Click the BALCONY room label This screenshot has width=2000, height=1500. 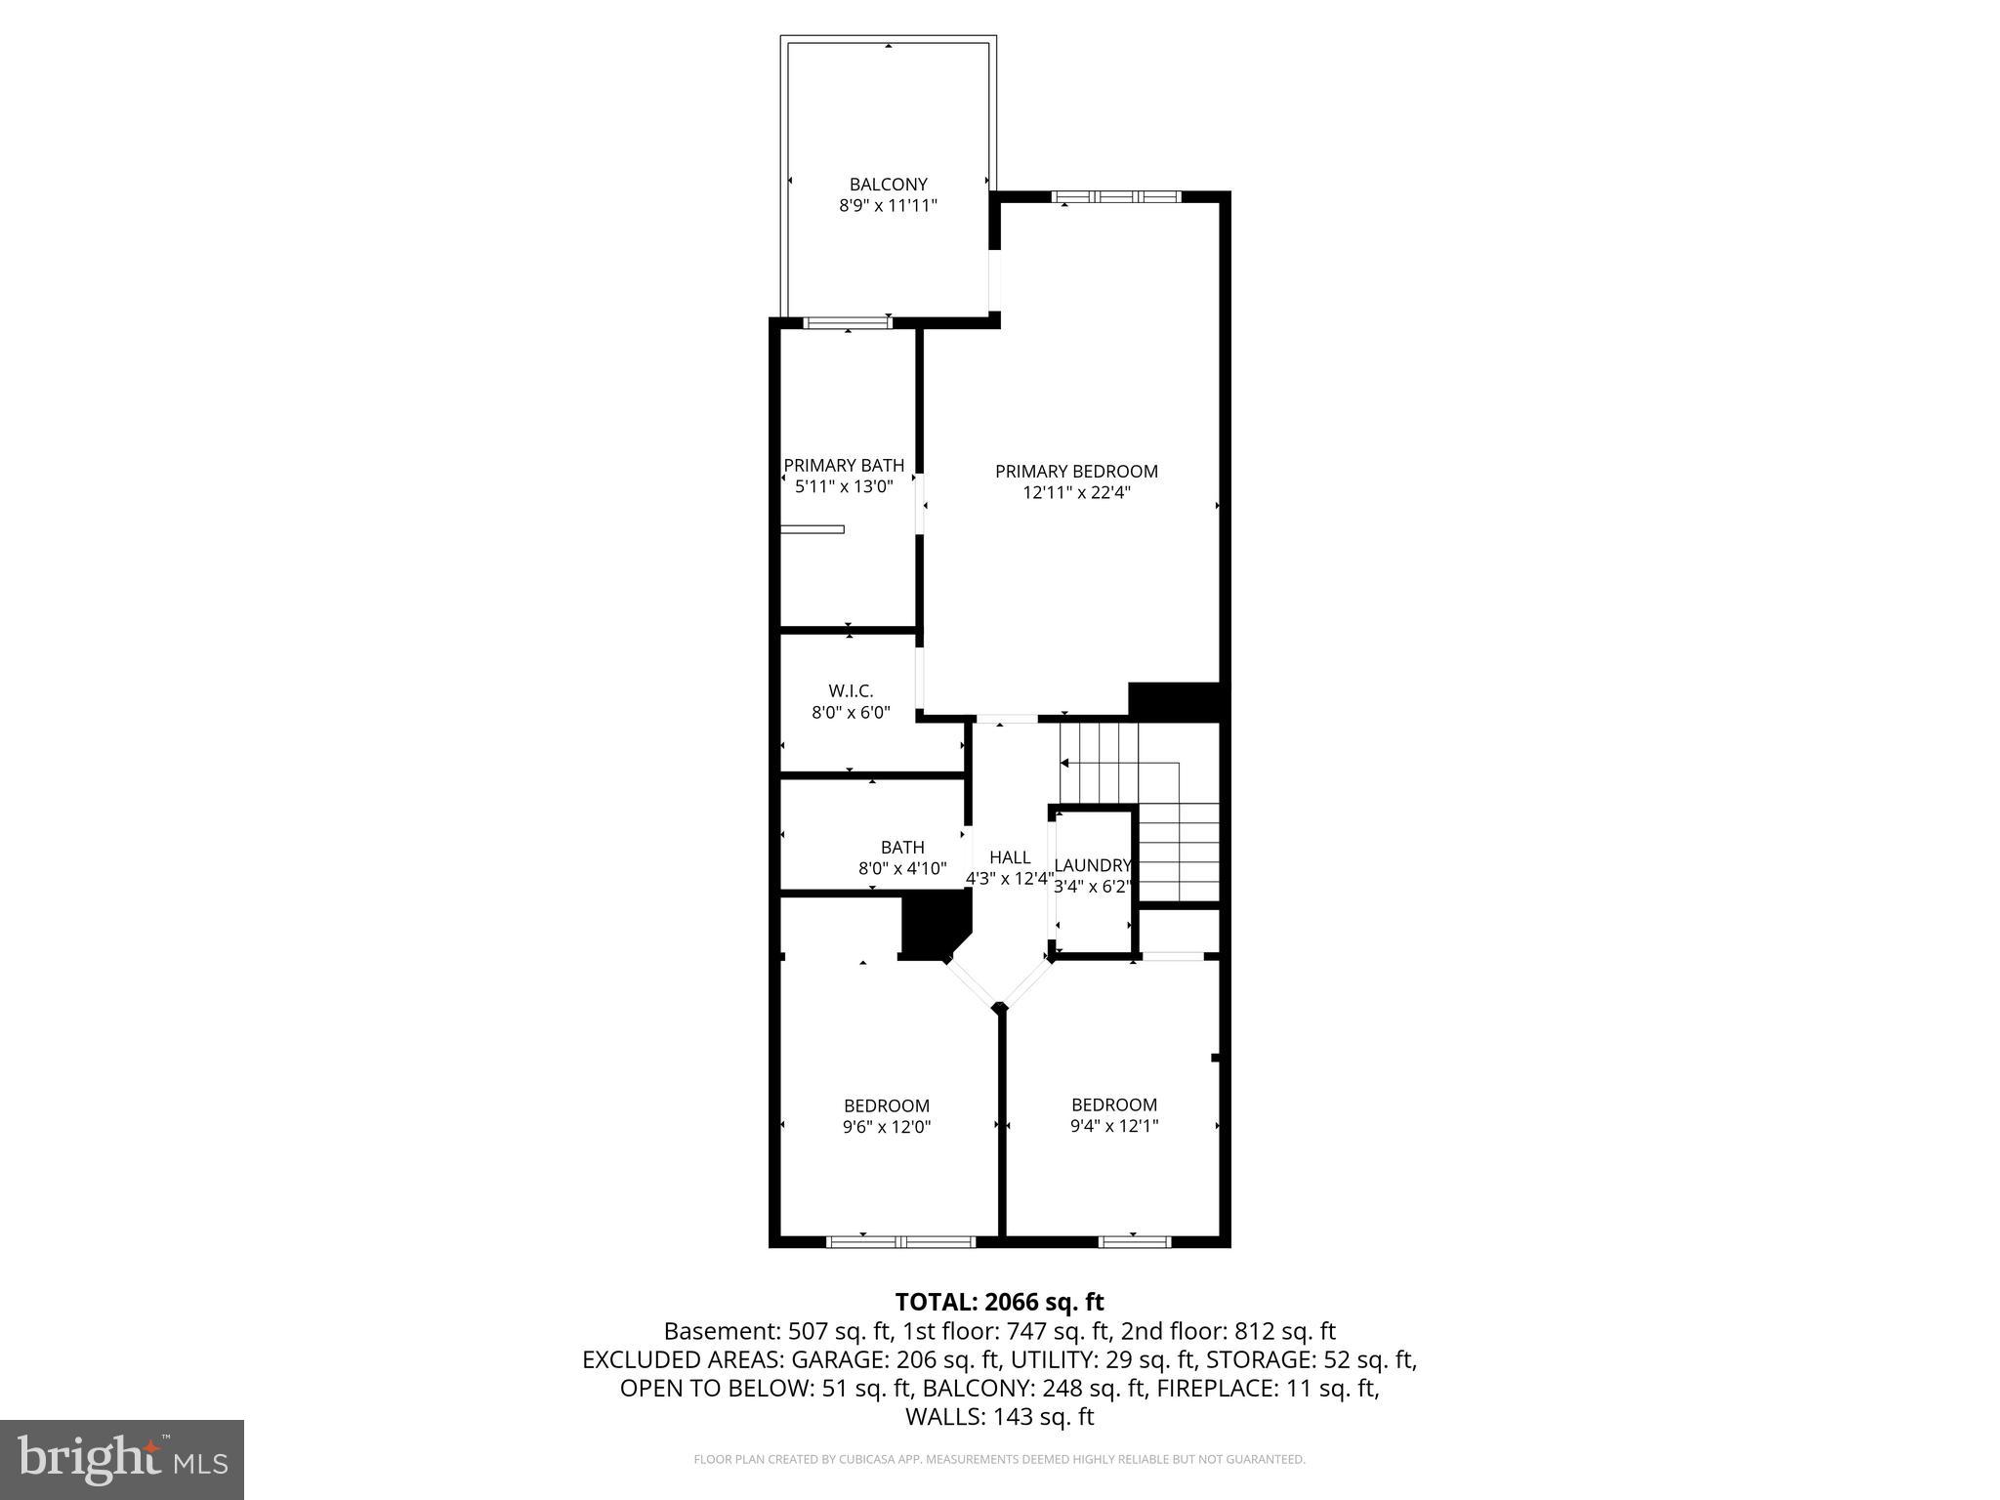[888, 184]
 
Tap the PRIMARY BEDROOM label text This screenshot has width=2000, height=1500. [1076, 471]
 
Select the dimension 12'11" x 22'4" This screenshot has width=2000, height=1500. [1076, 493]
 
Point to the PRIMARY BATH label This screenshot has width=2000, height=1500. [844, 465]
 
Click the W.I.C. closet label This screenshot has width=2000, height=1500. [851, 691]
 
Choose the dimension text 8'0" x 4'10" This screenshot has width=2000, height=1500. [901, 868]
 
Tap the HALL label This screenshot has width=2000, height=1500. [1009, 857]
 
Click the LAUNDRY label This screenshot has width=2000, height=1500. [1092, 865]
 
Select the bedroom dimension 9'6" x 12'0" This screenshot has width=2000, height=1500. [887, 1127]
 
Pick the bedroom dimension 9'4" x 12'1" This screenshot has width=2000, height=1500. [1114, 1126]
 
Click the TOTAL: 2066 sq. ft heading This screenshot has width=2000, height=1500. [999, 1302]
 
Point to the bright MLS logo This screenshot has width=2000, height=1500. [122, 1459]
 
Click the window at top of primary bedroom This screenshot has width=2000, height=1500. [1116, 197]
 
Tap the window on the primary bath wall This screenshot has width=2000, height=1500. [847, 323]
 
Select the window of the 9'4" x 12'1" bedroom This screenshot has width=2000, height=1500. [1134, 1241]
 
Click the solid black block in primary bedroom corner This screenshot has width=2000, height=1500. [1174, 701]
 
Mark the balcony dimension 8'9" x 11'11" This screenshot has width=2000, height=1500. [888, 206]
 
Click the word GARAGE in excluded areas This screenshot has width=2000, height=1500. [834, 1359]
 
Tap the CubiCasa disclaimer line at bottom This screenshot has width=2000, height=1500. [999, 1459]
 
